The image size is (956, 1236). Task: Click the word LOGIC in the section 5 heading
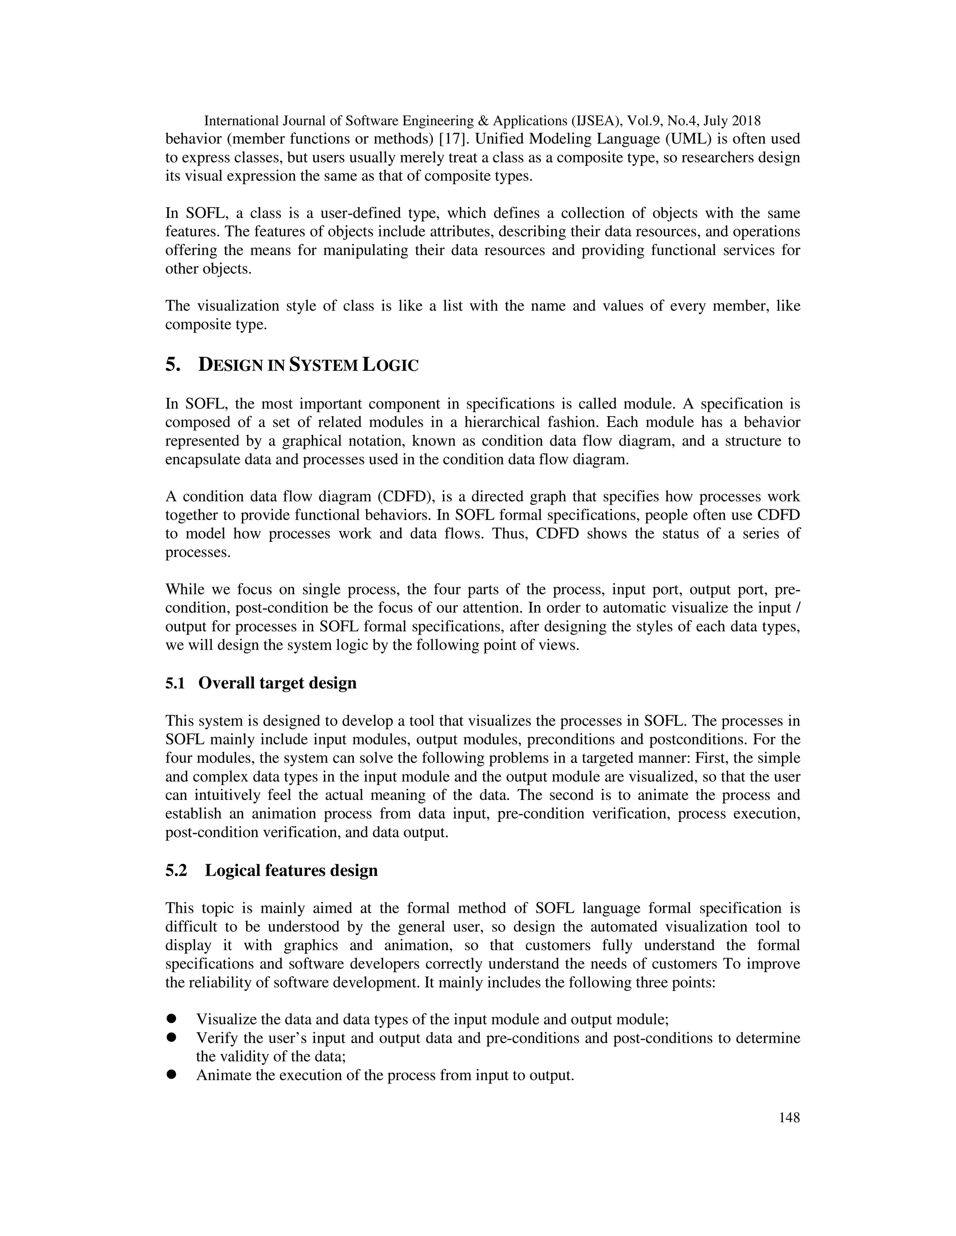tap(390, 365)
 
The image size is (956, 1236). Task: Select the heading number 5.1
tap(175, 683)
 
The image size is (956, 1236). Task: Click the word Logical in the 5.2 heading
tap(233, 870)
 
